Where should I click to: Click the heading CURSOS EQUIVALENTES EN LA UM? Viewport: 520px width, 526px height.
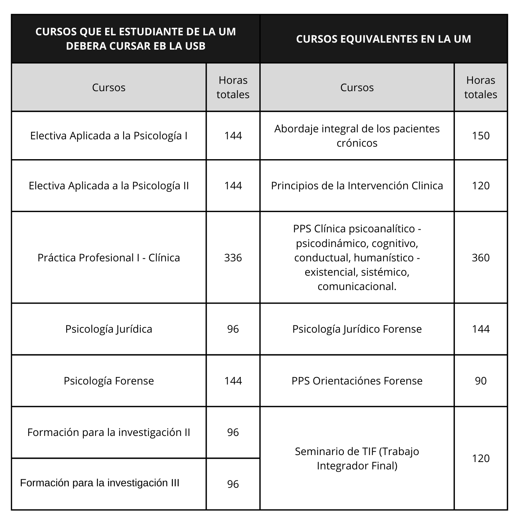click(384, 39)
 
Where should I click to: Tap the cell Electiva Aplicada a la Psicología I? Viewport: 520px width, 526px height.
click(109, 136)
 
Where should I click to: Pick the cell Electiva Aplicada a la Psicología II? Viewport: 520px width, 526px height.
click(109, 186)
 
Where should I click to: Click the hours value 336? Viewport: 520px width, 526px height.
click(233, 258)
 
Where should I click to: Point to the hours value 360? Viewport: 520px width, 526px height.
click(481, 258)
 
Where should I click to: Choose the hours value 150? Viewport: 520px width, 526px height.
click(481, 136)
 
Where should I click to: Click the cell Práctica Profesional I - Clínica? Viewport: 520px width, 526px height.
click(109, 258)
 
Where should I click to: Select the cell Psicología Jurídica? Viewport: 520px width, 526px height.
click(109, 329)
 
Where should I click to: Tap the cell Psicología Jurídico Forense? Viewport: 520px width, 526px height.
click(357, 329)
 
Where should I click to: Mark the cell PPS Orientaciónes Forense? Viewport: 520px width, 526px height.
click(357, 381)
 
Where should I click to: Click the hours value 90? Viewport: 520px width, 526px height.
click(481, 381)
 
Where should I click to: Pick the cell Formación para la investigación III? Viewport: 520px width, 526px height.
click(100, 483)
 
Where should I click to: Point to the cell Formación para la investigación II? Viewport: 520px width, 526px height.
click(109, 433)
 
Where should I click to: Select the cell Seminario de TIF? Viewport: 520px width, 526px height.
click(357, 458)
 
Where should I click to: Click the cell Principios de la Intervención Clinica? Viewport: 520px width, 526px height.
click(357, 186)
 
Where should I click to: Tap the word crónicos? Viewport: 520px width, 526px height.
click(357, 143)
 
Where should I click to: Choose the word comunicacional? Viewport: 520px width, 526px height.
click(357, 286)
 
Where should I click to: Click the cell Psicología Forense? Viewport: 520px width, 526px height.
click(109, 381)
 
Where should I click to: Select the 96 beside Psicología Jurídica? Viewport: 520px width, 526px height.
click(233, 329)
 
